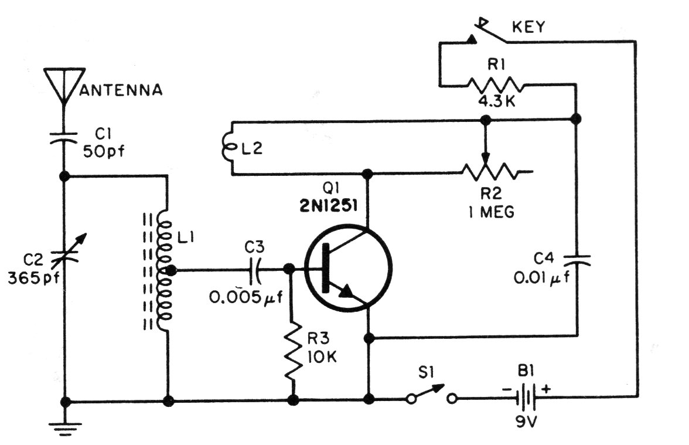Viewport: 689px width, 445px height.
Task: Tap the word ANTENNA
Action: click(121, 90)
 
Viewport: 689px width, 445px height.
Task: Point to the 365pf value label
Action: click(33, 279)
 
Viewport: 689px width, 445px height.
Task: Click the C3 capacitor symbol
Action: click(255, 270)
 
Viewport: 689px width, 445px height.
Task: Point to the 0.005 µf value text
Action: click(245, 298)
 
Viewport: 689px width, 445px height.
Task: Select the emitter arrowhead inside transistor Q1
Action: click(344, 291)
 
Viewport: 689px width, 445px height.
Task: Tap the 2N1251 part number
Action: click(328, 205)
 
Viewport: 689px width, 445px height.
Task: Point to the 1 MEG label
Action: click(491, 212)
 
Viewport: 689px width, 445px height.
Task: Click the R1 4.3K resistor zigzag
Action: click(495, 84)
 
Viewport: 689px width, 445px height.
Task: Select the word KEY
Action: click(528, 27)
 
